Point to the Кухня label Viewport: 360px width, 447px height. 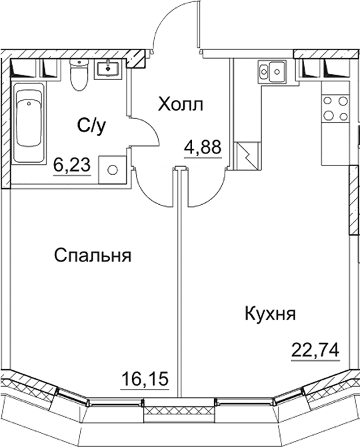point(270,313)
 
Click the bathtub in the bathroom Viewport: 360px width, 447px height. point(30,120)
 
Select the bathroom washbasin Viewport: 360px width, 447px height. point(107,68)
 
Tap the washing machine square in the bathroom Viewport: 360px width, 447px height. point(111,170)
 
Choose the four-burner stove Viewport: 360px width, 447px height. point(335,109)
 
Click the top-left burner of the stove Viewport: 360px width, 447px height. point(328,101)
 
